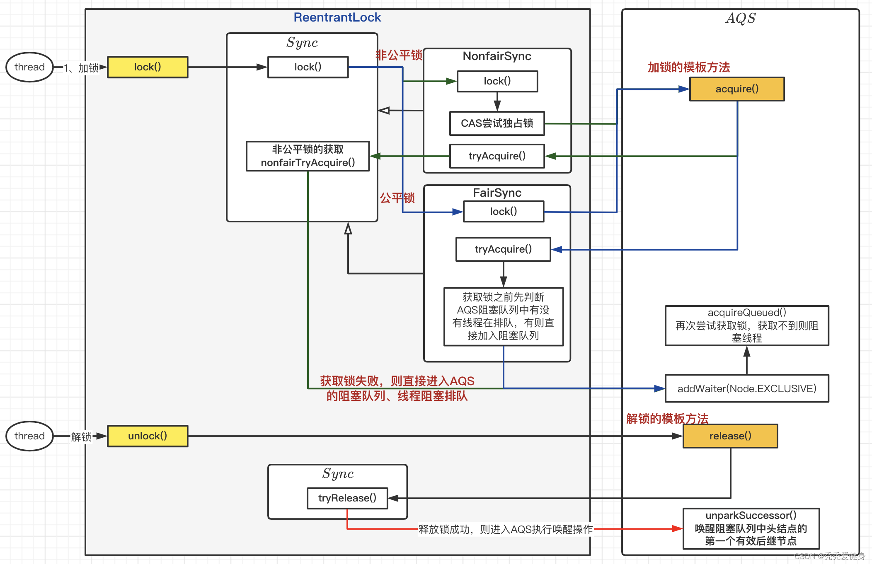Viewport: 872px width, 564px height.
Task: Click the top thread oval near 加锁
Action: [x=29, y=67]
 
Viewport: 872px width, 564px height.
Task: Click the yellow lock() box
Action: [x=148, y=67]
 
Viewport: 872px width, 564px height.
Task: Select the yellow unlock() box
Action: [x=148, y=436]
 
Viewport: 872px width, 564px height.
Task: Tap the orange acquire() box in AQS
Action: [x=737, y=89]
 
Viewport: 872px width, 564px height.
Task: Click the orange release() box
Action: [x=730, y=436]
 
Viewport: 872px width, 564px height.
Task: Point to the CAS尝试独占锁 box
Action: [x=497, y=123]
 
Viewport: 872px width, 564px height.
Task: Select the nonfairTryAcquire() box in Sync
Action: [x=308, y=156]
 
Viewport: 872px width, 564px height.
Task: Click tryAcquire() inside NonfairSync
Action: [x=497, y=156]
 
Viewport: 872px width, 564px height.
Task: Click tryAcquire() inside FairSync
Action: [x=503, y=249]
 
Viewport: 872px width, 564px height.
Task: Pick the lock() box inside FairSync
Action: [x=503, y=212]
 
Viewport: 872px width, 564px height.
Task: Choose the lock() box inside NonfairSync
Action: [x=497, y=81]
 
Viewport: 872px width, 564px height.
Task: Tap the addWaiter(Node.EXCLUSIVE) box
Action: [x=747, y=388]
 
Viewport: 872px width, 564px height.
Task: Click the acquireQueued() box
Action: [x=747, y=325]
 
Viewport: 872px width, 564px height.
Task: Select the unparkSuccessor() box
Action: [x=751, y=528]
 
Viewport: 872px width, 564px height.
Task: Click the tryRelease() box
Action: [x=347, y=498]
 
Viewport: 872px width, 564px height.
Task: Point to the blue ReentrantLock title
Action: [x=337, y=17]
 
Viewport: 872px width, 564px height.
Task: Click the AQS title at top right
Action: [x=741, y=18]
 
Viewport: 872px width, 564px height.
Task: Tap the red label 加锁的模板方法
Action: [x=689, y=67]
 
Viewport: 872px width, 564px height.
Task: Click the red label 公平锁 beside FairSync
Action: [x=397, y=198]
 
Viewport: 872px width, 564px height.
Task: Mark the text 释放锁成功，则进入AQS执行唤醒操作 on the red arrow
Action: [x=505, y=529]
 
